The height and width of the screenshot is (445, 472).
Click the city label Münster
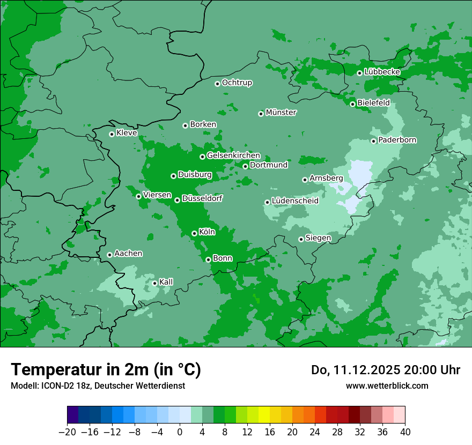point(281,113)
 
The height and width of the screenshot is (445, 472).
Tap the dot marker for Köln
point(194,233)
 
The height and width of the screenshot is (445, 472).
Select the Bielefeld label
point(373,103)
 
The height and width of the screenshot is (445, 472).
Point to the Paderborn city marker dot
point(373,141)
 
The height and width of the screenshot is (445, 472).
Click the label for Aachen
point(128,254)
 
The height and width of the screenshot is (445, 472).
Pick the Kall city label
point(166,282)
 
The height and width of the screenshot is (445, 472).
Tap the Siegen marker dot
point(301,239)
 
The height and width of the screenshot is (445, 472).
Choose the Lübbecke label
point(382,72)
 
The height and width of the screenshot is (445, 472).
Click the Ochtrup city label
point(237,83)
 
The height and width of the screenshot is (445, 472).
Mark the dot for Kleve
point(112,134)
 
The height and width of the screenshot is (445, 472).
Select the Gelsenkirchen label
point(233,156)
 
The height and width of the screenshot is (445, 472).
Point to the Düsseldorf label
point(202,199)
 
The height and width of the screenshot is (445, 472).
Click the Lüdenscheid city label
point(295,201)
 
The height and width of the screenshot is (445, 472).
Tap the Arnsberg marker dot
point(305,180)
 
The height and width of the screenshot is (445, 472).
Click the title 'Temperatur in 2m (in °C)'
point(106,370)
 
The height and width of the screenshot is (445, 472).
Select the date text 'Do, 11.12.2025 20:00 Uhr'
point(385,370)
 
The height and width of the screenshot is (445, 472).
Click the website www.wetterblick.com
point(387,385)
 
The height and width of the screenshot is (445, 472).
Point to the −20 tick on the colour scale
point(67,432)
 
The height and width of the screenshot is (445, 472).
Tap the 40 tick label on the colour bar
point(405,432)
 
